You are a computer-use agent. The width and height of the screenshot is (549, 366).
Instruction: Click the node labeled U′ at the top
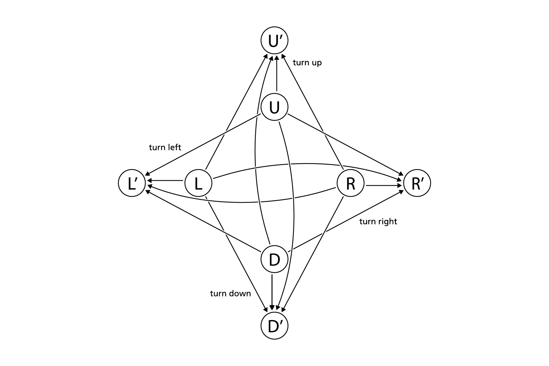pos(274,41)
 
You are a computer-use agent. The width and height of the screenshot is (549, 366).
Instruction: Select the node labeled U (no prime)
pos(274,107)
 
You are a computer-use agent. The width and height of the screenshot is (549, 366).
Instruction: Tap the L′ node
pos(132,183)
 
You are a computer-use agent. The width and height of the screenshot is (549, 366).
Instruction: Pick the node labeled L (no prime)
pos(198,183)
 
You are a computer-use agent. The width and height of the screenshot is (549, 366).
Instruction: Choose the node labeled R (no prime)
pos(351,183)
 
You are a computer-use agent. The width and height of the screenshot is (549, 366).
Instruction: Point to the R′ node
pos(417,183)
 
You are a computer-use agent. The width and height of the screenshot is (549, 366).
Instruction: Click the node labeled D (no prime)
pos(274,260)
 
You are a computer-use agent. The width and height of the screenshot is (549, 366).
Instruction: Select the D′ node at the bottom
pos(274,326)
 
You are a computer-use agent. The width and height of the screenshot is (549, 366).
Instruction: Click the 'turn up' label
pos(307,63)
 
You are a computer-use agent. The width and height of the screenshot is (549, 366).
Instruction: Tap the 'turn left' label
pos(165,147)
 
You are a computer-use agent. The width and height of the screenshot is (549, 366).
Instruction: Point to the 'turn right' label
pos(378,222)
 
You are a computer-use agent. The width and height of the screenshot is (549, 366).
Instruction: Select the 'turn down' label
pos(230,293)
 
